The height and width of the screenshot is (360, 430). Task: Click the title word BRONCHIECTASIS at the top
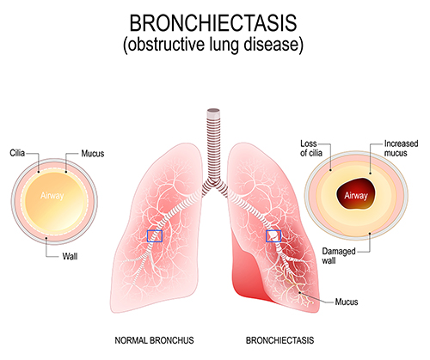[213, 23]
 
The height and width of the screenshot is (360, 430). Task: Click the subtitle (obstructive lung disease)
[213, 45]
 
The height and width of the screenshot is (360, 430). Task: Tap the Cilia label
[17, 153]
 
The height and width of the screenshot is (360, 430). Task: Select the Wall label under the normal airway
[70, 256]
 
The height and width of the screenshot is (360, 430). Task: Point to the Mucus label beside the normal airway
[93, 154]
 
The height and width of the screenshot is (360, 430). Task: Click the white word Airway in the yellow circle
[52, 196]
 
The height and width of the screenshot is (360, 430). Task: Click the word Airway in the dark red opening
[356, 196]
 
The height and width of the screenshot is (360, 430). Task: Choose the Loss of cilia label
[311, 148]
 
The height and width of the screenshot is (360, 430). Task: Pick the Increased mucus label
[401, 148]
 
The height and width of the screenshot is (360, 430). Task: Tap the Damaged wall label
[339, 256]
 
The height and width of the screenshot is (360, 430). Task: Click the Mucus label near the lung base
[347, 302]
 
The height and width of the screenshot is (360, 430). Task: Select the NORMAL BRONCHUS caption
[154, 340]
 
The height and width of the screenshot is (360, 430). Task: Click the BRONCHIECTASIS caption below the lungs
[279, 340]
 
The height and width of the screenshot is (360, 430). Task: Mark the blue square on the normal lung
[155, 236]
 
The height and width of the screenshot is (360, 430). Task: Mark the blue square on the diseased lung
[273, 236]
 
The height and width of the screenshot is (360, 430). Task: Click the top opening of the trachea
[213, 110]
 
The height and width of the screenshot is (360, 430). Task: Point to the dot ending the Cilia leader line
[39, 173]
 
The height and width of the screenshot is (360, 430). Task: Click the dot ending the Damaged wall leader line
[370, 234]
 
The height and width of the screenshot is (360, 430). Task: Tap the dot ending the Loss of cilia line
[330, 170]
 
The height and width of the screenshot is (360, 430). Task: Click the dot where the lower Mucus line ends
[300, 293]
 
